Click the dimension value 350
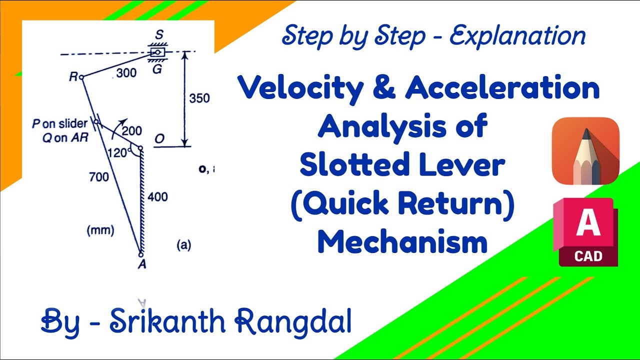click(x=199, y=98)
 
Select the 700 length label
click(x=99, y=176)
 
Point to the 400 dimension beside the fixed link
click(x=157, y=197)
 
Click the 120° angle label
click(x=118, y=153)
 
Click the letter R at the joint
click(x=73, y=77)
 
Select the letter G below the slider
click(x=156, y=69)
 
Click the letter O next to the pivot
click(x=159, y=139)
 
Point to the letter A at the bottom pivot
click(x=142, y=265)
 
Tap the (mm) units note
click(x=100, y=230)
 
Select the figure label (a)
click(x=183, y=245)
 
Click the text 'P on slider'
click(x=60, y=123)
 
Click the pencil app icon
click(x=585, y=150)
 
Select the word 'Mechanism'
click(x=402, y=242)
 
